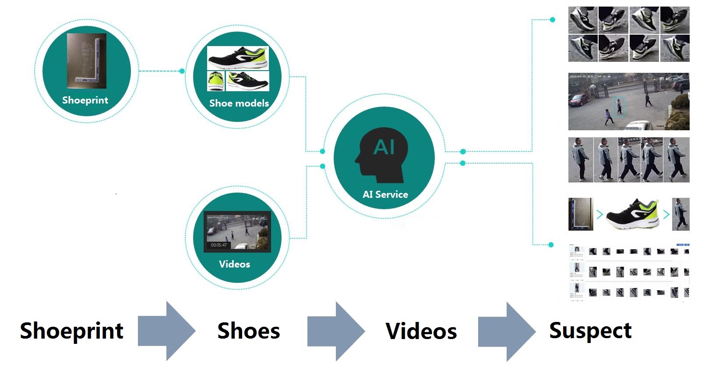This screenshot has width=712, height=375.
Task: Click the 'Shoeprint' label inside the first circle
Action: tap(85, 100)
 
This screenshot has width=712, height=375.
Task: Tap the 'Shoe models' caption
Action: tap(239, 104)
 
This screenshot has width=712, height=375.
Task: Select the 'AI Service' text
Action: tap(385, 195)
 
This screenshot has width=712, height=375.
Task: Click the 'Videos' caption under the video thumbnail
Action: tap(234, 264)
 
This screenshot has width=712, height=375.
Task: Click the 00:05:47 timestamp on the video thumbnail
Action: tap(219, 245)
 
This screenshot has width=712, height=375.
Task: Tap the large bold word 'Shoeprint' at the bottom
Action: tap(72, 331)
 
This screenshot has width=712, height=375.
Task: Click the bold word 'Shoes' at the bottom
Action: tap(248, 331)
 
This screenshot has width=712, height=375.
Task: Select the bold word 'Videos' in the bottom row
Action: tap(421, 331)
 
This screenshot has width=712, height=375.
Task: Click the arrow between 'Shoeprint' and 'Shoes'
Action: tap(166, 331)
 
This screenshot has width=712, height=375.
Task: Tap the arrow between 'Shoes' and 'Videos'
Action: tap(336, 331)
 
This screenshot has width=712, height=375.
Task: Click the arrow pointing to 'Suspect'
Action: tap(507, 331)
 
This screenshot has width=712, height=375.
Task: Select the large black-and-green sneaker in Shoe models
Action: tap(238, 58)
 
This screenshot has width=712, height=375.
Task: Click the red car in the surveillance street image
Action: tap(579, 100)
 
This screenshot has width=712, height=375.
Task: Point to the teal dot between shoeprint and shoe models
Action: tap(182, 71)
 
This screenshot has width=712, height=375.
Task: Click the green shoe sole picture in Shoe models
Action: tap(216, 81)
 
